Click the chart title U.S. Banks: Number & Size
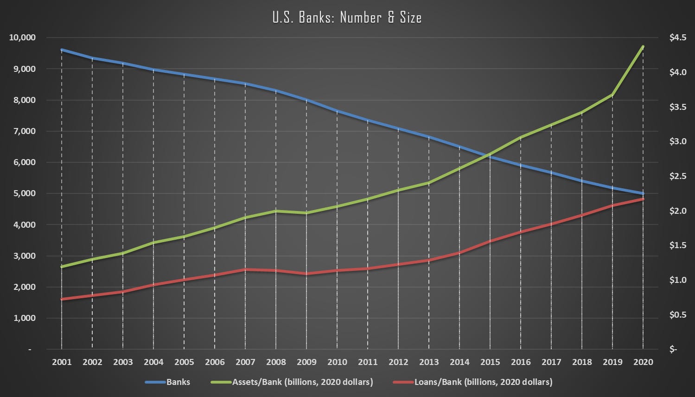pyautogui.click(x=347, y=18)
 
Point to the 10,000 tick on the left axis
pyautogui.click(x=22, y=38)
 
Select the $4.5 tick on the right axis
pyautogui.click(x=677, y=38)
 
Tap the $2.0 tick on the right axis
pyautogui.click(x=677, y=211)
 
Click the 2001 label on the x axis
pyautogui.click(x=62, y=362)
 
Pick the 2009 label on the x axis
pyautogui.click(x=306, y=362)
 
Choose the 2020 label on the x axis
pyautogui.click(x=643, y=362)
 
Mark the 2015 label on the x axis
pyautogui.click(x=490, y=362)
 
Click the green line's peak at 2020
pyautogui.click(x=643, y=46)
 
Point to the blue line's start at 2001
pyautogui.click(x=62, y=50)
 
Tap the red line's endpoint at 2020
pyautogui.click(x=643, y=199)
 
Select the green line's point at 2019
pyautogui.click(x=612, y=95)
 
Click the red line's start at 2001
pyautogui.click(x=62, y=299)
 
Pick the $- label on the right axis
pyautogui.click(x=674, y=350)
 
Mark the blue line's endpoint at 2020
pyautogui.click(x=643, y=193)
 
